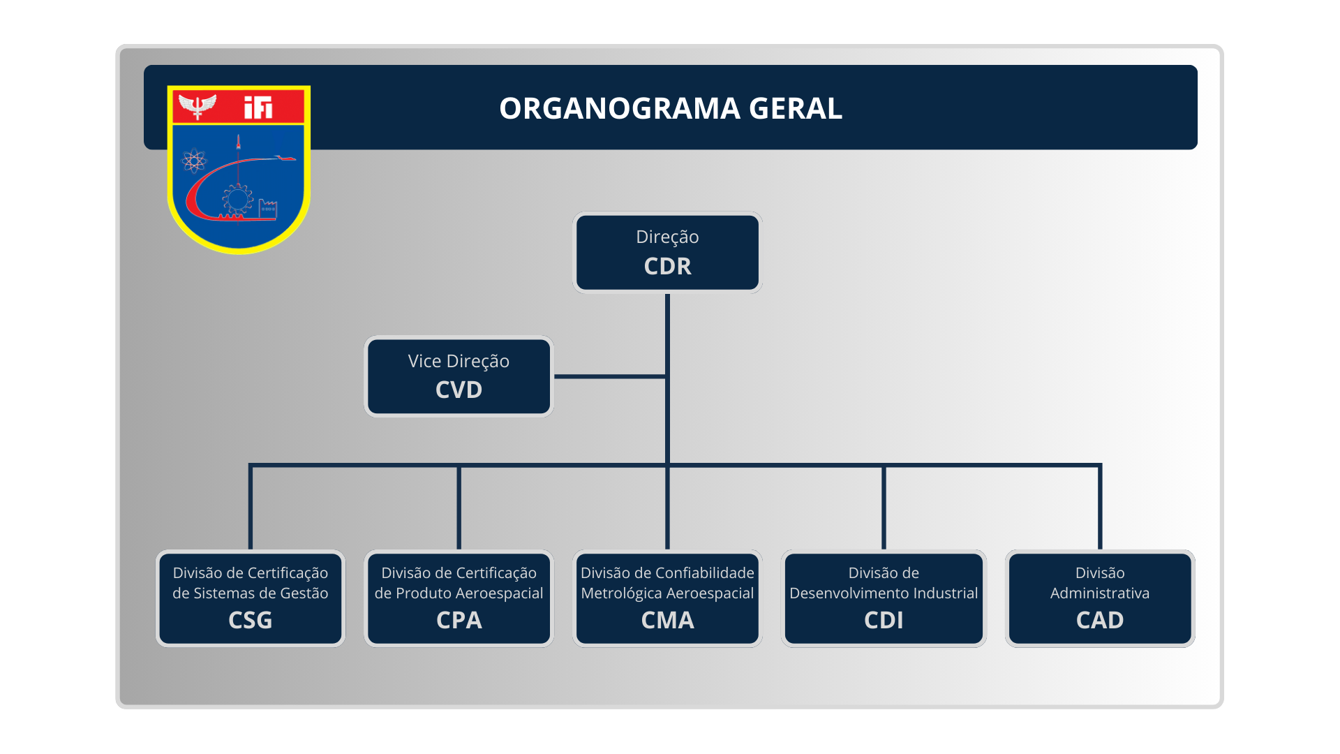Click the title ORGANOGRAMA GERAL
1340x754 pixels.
coord(670,108)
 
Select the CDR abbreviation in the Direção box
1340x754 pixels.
coord(667,266)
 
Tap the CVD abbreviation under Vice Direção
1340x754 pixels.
coord(459,390)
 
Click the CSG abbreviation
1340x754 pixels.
coord(250,620)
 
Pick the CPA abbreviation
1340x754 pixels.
coord(459,620)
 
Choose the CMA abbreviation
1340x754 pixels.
coord(667,620)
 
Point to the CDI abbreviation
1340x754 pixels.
coord(884,620)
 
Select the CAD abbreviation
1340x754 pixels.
coord(1100,620)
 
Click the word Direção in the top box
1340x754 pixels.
coord(667,237)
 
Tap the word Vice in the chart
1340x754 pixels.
coord(424,361)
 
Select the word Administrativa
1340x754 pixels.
coord(1100,593)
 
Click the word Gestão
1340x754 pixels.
coord(304,593)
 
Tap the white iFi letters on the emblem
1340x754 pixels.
coord(258,108)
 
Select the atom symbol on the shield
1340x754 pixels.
coord(194,161)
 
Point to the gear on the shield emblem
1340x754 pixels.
coord(238,200)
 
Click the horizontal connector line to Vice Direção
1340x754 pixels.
coord(610,376)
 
